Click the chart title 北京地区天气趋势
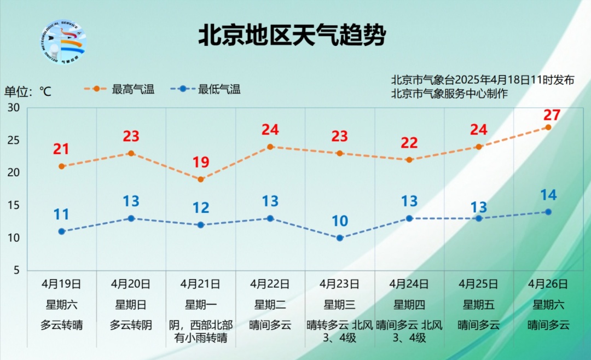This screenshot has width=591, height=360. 292,36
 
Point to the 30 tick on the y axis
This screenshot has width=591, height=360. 14,108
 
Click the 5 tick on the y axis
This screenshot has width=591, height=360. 16,270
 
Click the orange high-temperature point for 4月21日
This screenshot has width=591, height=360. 201,179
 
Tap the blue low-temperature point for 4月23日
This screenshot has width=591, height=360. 340,238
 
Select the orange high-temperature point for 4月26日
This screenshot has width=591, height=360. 548,127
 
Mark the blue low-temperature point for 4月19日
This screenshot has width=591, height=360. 62,231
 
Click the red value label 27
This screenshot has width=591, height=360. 552,115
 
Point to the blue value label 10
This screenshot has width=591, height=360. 340,221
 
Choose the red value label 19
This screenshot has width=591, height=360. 201,162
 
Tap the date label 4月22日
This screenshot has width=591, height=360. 270,284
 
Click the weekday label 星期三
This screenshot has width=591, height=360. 339,305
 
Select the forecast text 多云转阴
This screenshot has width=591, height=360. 131,325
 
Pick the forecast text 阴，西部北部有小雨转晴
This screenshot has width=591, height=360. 200,332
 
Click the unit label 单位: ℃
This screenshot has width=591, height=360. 28,91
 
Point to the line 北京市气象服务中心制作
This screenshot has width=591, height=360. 449,94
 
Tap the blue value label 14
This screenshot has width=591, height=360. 548,195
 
